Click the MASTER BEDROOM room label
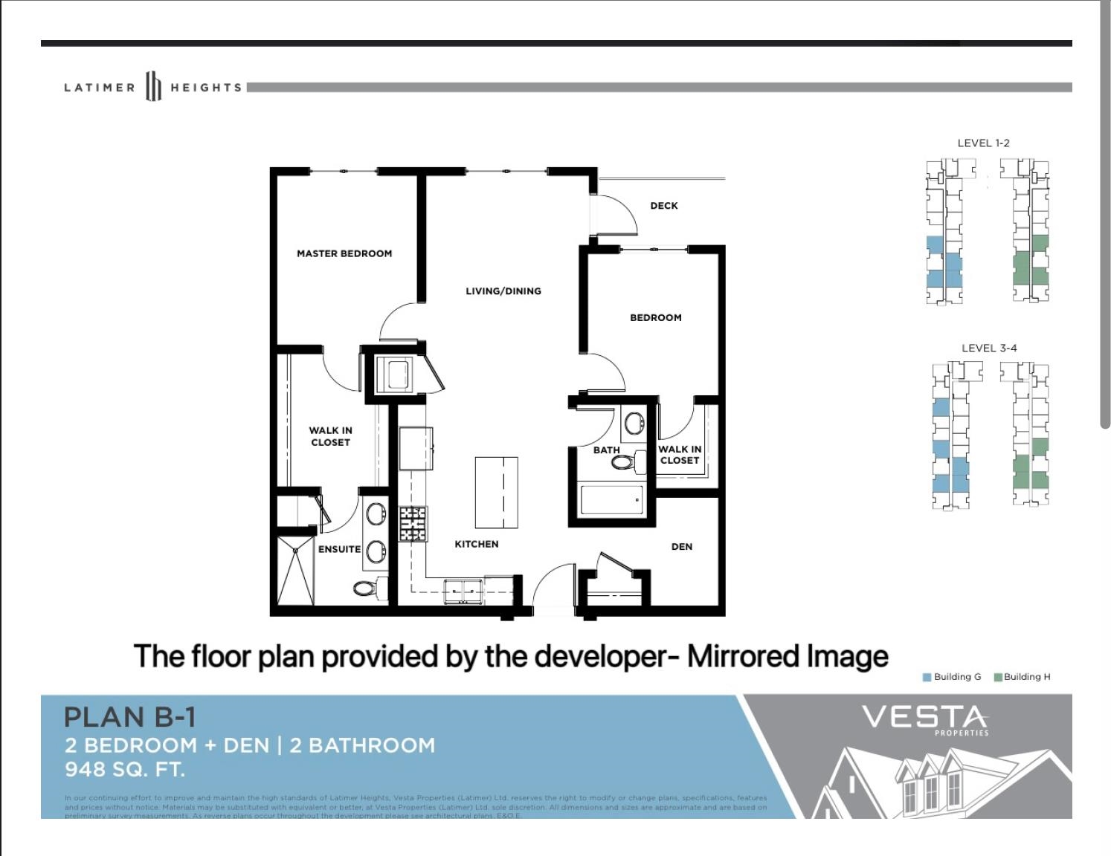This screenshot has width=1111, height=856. pyautogui.click(x=344, y=253)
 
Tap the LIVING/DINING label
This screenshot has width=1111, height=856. pyautogui.click(x=503, y=291)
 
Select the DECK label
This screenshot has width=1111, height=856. pyautogui.click(x=664, y=206)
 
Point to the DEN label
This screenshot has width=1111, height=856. pyautogui.click(x=682, y=547)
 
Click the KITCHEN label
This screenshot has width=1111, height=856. pyautogui.click(x=477, y=544)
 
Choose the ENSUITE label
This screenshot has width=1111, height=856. pyautogui.click(x=339, y=549)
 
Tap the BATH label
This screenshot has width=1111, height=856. pyautogui.click(x=606, y=450)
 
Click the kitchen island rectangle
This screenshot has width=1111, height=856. pyautogui.click(x=497, y=493)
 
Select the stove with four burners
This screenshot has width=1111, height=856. pyautogui.click(x=413, y=524)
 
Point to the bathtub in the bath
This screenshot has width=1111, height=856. pyautogui.click(x=611, y=500)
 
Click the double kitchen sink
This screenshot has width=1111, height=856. pyautogui.click(x=463, y=591)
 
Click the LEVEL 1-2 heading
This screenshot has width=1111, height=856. pyautogui.click(x=983, y=143)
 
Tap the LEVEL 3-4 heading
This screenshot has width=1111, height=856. pyautogui.click(x=989, y=348)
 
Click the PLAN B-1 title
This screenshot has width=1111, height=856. pyautogui.click(x=130, y=717)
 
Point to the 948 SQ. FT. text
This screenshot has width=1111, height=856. pyautogui.click(x=124, y=769)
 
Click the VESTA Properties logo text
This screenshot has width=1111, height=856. pyautogui.click(x=924, y=719)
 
